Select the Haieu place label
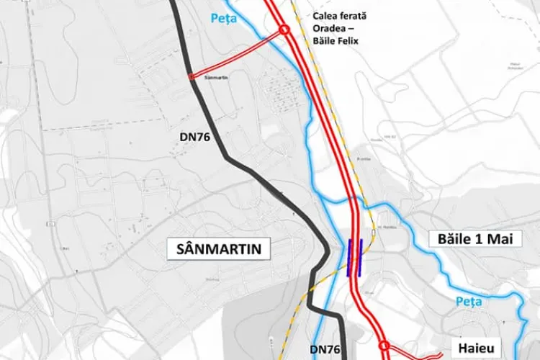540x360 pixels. [473, 347]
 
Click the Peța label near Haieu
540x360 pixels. [467, 302]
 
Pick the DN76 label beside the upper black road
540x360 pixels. [194, 136]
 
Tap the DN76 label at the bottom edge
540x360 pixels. [325, 349]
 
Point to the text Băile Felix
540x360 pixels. [334, 41]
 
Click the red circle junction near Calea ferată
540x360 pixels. [284, 30]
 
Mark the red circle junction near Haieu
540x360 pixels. [383, 345]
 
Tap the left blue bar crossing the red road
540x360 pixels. [350, 257]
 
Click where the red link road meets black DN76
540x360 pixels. [190, 76]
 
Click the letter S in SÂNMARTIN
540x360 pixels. [178, 250]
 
